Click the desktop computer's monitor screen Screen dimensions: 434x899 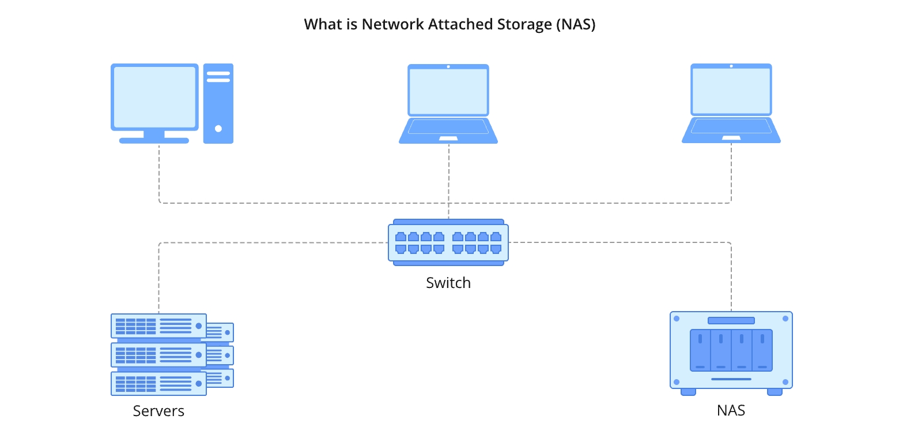(154, 97)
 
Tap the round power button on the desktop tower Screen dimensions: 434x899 (218, 129)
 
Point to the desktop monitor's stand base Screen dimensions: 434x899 (154, 140)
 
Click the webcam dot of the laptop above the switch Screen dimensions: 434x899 (448, 66)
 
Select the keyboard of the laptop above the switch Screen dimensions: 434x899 (448, 126)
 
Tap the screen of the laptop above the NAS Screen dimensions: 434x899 (731, 91)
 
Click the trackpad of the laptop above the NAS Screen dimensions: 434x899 (731, 138)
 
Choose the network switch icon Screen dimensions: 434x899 (448, 242)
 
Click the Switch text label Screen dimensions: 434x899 (448, 283)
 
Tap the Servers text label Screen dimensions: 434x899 (158, 411)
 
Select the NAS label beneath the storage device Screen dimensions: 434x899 (731, 411)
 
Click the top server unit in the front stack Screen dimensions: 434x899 (158, 326)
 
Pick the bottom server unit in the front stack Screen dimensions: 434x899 (158, 383)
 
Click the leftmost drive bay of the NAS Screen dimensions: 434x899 (700, 350)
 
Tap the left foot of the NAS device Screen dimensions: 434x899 (688, 392)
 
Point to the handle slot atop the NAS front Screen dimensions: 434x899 (731, 320)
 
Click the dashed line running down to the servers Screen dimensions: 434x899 (159, 277)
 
